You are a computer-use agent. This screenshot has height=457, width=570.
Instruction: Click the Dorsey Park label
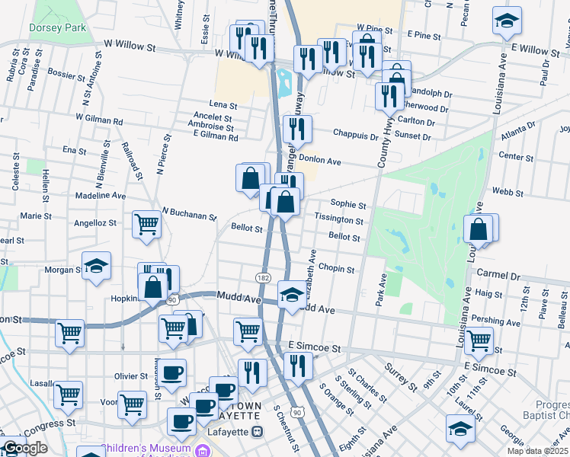click(47, 27)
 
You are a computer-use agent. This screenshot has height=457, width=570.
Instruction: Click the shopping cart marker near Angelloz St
click(147, 224)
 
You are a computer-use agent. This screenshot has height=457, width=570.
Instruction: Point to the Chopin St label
click(336, 270)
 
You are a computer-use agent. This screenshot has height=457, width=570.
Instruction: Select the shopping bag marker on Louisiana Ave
click(479, 228)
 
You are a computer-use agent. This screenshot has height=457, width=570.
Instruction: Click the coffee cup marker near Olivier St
click(173, 372)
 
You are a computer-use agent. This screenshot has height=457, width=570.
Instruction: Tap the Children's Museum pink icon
click(203, 451)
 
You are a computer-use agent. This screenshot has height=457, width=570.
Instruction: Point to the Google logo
click(25, 449)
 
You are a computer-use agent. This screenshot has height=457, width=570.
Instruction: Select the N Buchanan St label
click(189, 216)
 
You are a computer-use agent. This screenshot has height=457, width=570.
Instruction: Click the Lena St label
click(223, 105)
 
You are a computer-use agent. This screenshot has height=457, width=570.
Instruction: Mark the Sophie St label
click(348, 205)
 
